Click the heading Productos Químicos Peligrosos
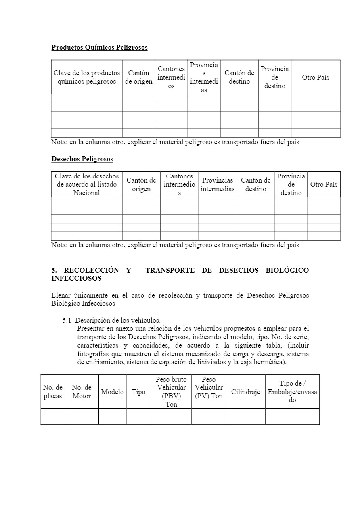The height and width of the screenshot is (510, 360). click(x=99, y=48)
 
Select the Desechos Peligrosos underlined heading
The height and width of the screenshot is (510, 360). click(x=82, y=159)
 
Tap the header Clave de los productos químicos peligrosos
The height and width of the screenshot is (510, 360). click(x=87, y=77)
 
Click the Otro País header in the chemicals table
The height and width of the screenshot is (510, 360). click(x=316, y=77)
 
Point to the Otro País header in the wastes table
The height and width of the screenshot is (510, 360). click(x=324, y=184)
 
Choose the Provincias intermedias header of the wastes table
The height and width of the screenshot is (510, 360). click(x=218, y=185)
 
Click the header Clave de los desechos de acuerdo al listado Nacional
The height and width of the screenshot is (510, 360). click(x=87, y=185)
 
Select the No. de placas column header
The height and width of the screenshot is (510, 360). click(x=53, y=392)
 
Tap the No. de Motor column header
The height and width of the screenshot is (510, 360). click(x=82, y=392)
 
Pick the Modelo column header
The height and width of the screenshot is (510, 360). click(x=112, y=392)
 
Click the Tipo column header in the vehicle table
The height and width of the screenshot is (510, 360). click(x=138, y=392)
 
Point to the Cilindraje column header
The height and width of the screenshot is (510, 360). click(x=245, y=392)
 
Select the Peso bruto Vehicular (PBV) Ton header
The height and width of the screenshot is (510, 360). click(x=171, y=392)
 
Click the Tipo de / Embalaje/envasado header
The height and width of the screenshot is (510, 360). click(x=292, y=392)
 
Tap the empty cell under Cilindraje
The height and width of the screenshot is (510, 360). click(x=245, y=416)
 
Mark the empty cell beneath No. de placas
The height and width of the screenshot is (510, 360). click(x=53, y=416)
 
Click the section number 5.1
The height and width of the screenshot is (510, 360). click(x=67, y=321)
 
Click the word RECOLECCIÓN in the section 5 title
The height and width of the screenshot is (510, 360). click(x=91, y=270)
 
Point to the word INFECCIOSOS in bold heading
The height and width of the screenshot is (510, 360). click(x=76, y=279)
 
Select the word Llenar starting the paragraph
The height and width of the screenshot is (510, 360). click(x=61, y=296)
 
